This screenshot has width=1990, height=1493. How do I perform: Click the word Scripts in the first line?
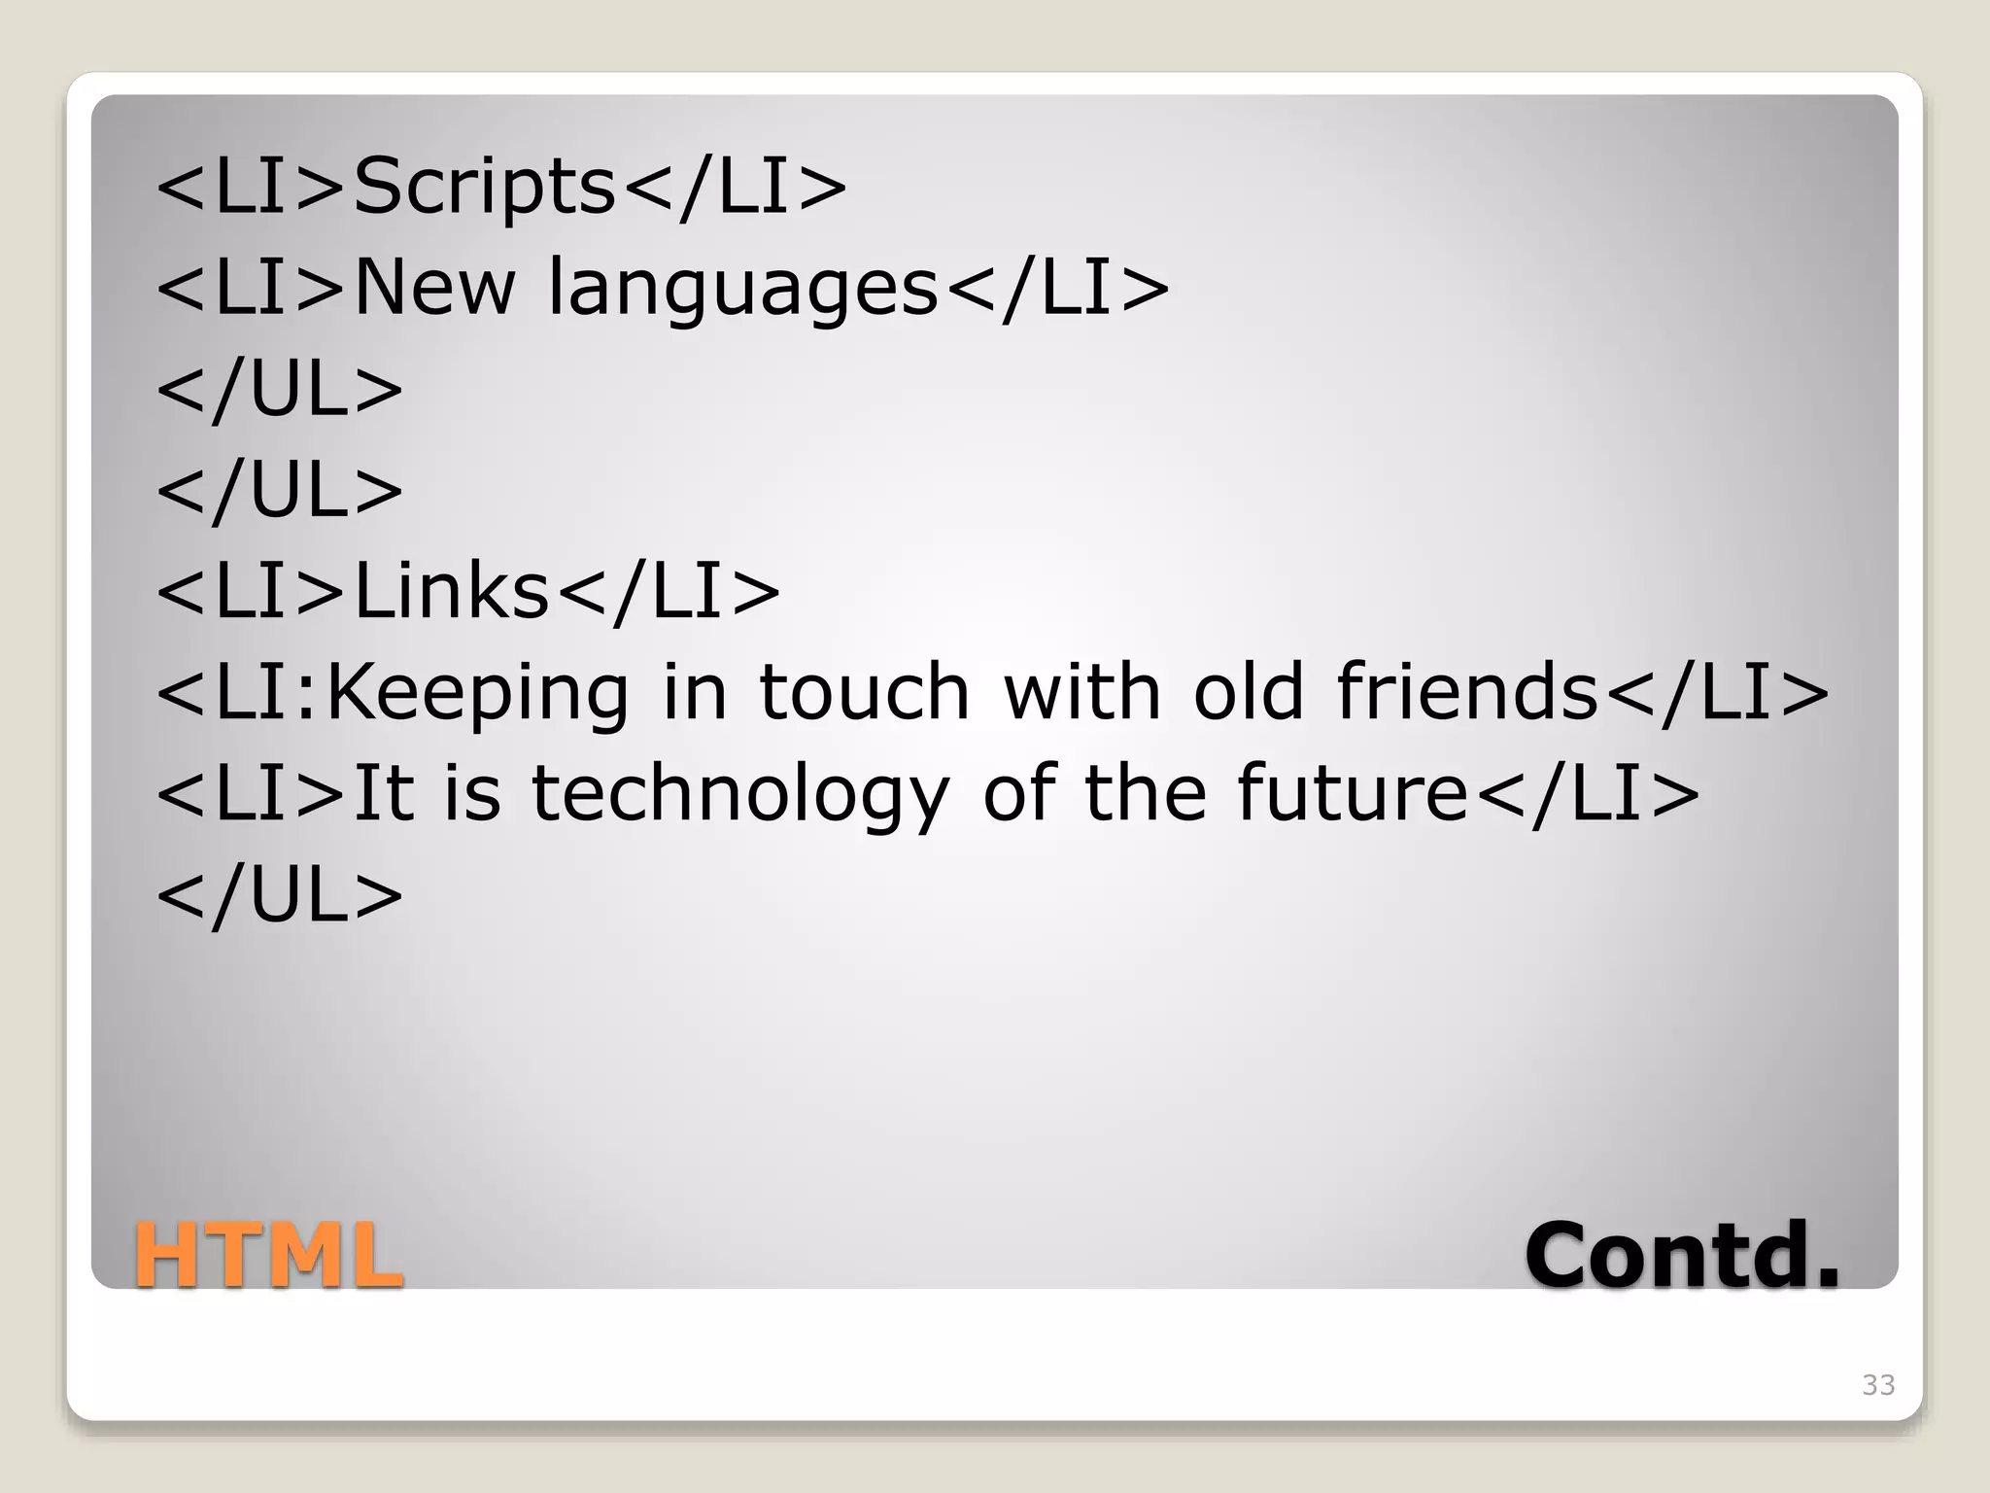484,187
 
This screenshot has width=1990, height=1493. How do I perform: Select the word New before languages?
433,288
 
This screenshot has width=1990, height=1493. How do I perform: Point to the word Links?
451,592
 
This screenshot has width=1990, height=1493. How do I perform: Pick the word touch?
864,692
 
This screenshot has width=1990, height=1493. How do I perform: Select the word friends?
1467,692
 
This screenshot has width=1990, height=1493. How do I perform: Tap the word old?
1248,692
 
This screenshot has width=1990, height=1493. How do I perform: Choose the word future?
1352,793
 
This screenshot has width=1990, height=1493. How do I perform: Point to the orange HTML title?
268,1255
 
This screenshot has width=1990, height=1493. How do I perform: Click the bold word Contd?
1682,1255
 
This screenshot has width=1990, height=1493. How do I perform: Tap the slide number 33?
1878,1385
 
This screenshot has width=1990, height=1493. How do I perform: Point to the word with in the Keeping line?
1081,692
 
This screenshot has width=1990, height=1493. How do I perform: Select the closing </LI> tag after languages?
1056,288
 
